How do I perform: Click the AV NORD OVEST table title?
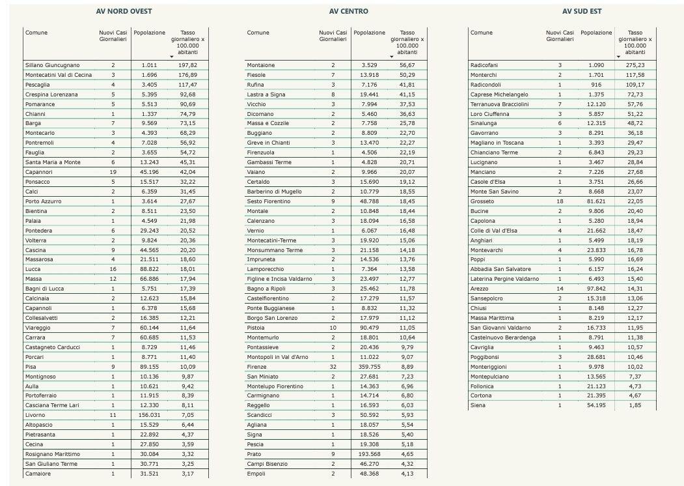click(124, 12)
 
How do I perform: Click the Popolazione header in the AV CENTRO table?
click(369, 33)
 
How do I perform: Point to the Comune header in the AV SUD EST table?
click(482, 33)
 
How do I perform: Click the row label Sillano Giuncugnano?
click(52, 65)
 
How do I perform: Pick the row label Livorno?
click(35, 415)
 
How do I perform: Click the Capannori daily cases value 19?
click(113, 172)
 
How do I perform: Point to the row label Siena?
click(478, 405)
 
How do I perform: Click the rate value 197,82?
click(187, 65)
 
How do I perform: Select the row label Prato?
click(254, 454)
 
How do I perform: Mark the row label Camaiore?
click(38, 474)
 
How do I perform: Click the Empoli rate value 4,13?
click(407, 474)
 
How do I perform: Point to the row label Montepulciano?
click(492, 377)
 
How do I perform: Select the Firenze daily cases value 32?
click(333, 367)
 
